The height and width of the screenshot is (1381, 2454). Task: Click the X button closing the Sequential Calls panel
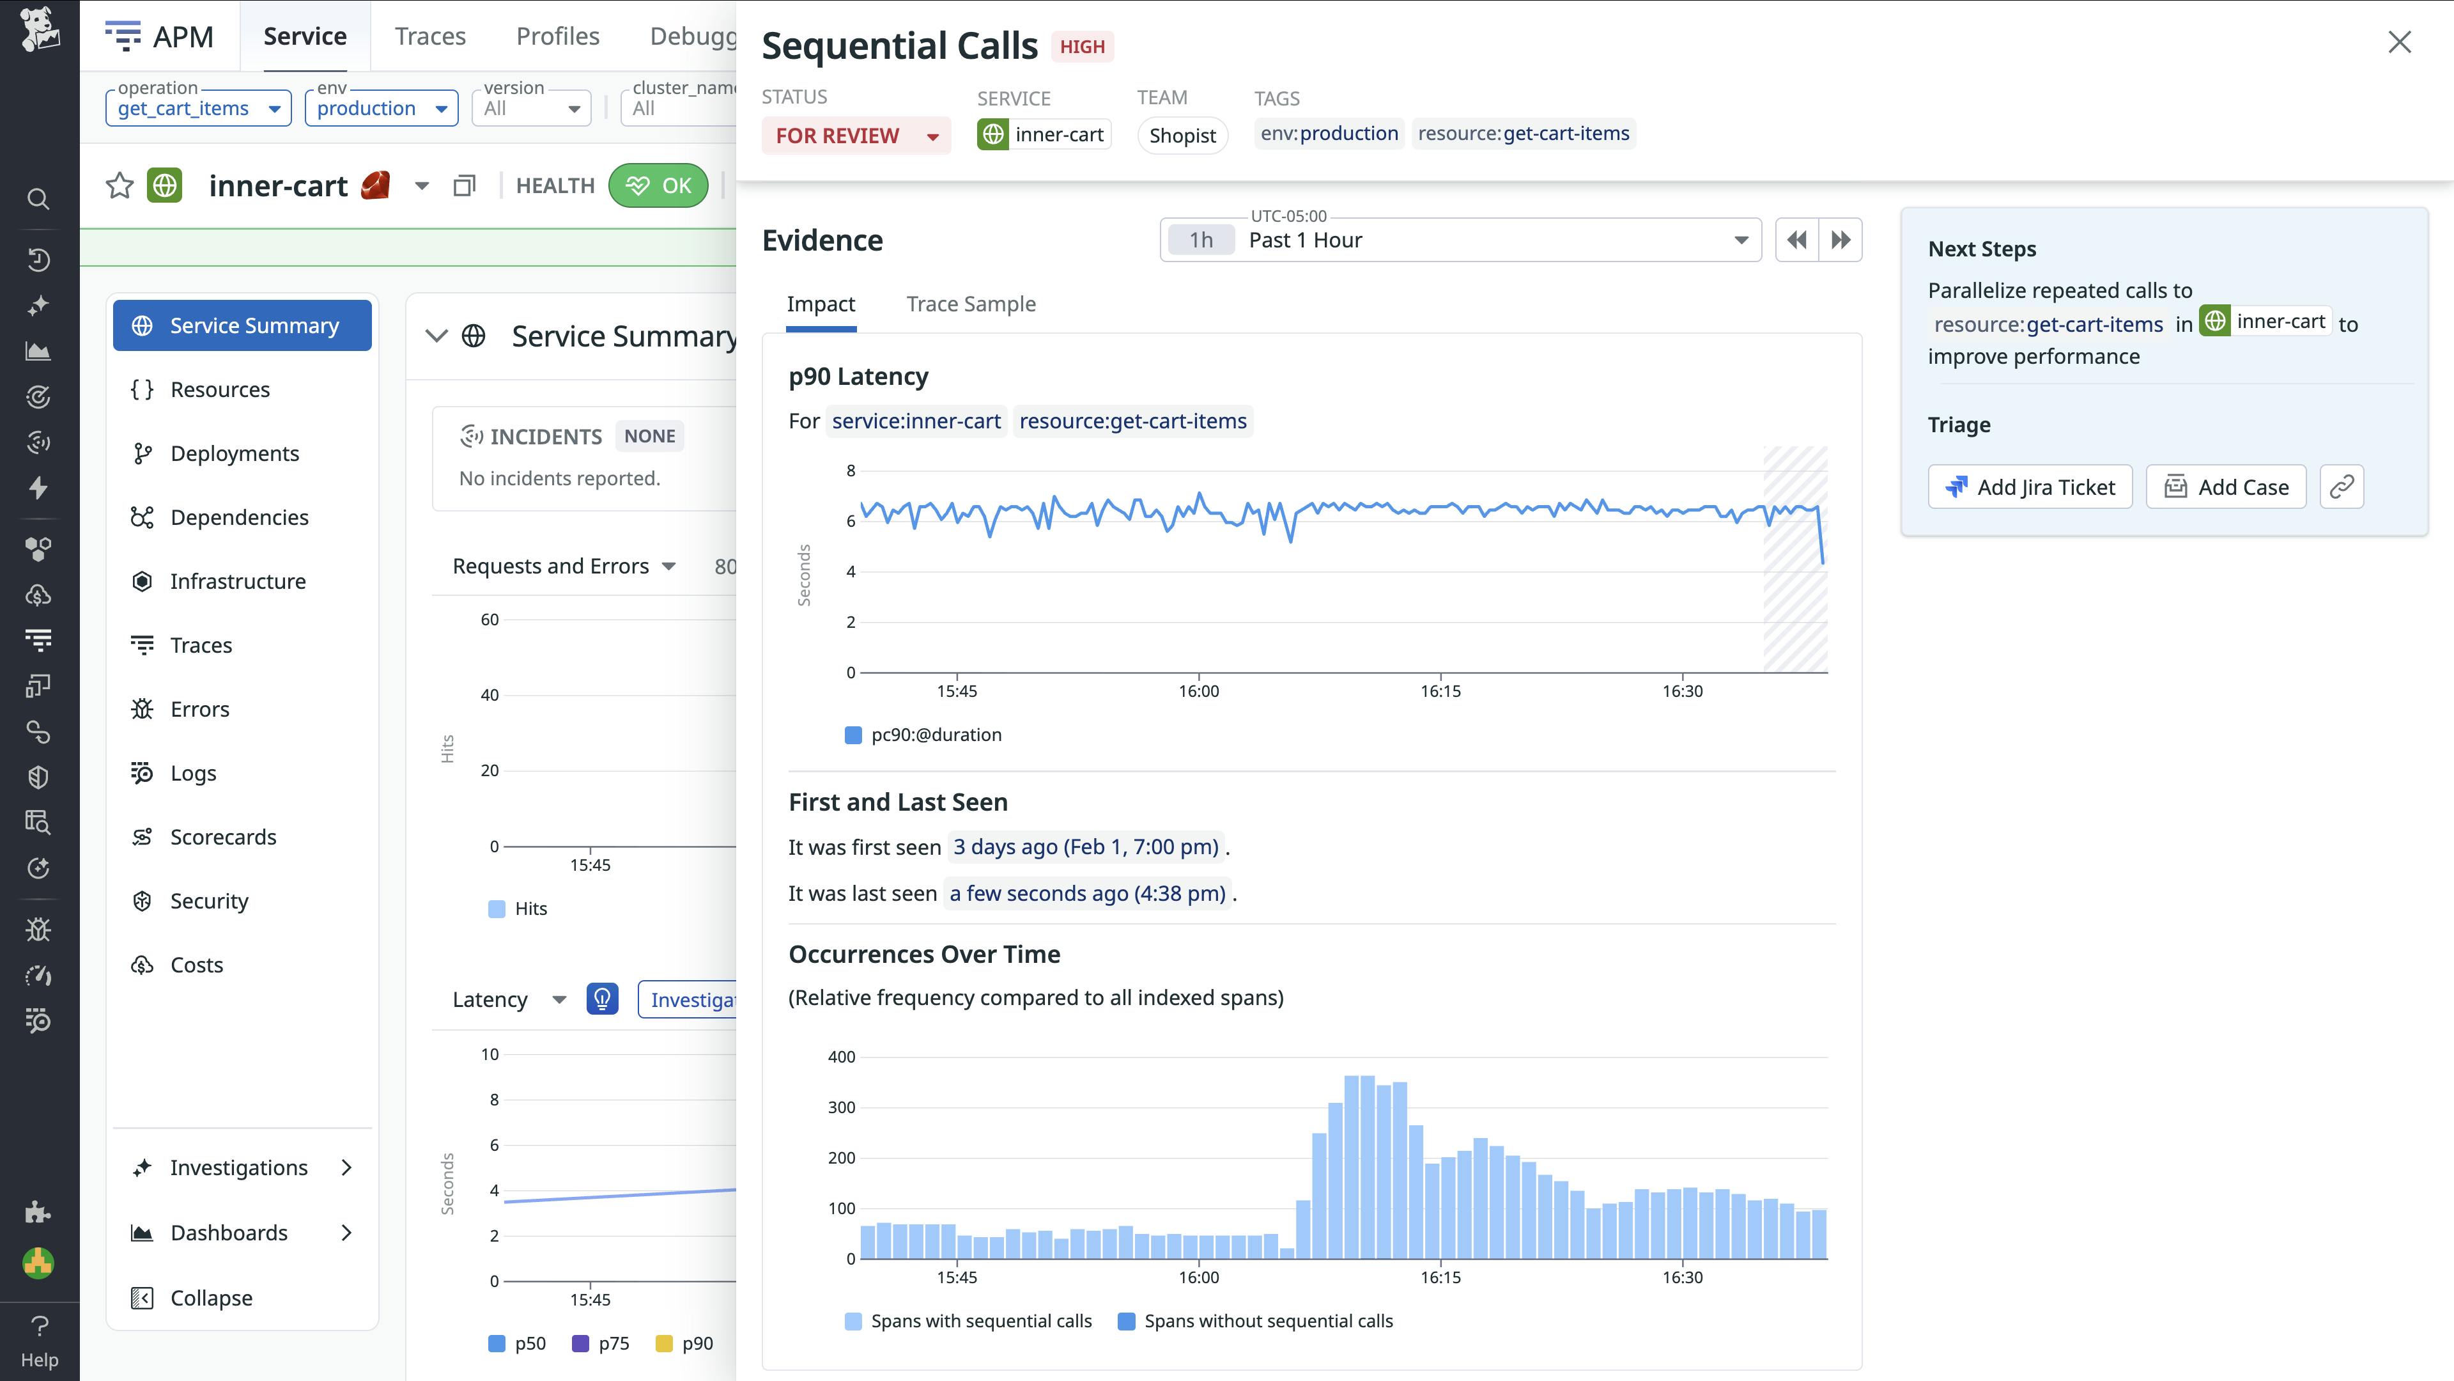2399,42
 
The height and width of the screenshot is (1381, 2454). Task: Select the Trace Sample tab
970,304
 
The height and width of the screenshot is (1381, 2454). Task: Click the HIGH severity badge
1081,47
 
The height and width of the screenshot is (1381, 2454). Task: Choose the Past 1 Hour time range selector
1460,240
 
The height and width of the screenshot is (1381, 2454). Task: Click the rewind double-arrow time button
1796,240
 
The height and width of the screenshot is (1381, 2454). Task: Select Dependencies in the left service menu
239,517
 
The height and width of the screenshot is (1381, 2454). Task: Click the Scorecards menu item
223,837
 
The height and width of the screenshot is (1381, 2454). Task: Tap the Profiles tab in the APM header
557,36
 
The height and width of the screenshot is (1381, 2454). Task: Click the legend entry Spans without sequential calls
1267,1321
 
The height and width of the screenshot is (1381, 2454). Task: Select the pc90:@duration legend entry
936,735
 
